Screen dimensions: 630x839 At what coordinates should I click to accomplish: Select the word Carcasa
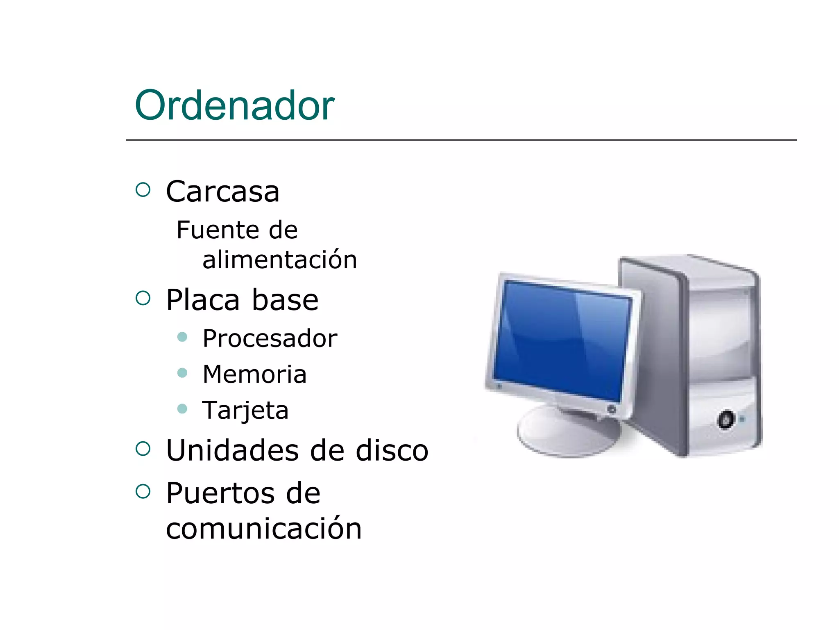click(222, 192)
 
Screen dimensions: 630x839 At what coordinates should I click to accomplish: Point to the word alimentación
click(280, 260)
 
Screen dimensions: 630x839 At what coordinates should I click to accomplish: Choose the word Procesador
click(270, 338)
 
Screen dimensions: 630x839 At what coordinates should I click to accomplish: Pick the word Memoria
click(254, 374)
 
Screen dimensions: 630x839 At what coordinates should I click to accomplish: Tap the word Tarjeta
click(245, 410)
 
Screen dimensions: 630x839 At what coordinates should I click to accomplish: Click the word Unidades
click(232, 450)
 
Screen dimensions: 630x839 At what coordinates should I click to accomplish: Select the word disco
click(392, 450)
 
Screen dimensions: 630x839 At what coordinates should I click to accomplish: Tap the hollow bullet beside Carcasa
click(143, 189)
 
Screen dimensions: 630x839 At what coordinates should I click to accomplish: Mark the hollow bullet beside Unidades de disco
click(143, 448)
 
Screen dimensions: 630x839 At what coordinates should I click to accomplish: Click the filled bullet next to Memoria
click(182, 373)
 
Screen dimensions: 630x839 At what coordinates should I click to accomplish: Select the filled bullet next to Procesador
click(182, 337)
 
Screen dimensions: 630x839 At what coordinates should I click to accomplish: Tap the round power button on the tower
click(726, 420)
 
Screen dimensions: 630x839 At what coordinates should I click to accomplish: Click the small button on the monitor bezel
click(611, 409)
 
